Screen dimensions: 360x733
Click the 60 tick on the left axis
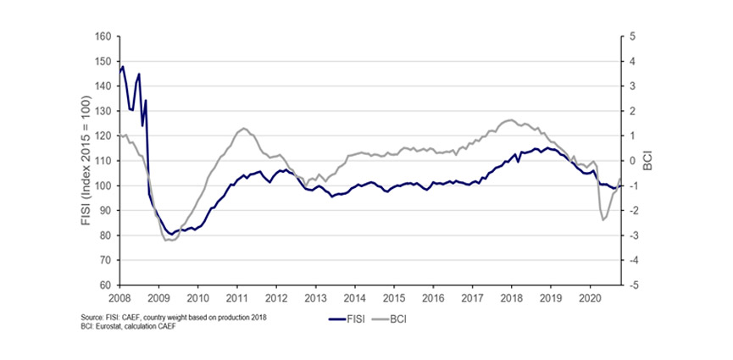click(104, 285)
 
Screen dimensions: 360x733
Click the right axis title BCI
click(646, 161)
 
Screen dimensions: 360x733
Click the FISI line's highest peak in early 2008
click(123, 66)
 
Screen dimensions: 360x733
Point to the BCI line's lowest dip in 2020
click(603, 220)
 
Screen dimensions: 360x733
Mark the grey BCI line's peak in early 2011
click(243, 128)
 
